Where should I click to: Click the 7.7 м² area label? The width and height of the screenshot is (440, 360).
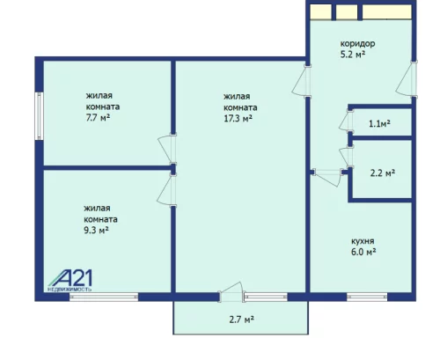(x=98, y=118)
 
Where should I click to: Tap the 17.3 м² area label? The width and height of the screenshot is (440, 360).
(x=238, y=119)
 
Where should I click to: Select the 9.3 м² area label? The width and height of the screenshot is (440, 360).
(x=96, y=231)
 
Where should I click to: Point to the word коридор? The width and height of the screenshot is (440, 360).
(x=357, y=44)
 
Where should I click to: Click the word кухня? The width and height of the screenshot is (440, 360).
(x=363, y=241)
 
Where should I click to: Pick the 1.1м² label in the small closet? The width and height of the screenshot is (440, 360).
(x=379, y=124)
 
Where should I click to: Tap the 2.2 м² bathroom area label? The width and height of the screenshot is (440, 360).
(x=383, y=173)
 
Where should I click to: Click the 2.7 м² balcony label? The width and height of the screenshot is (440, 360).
(x=242, y=320)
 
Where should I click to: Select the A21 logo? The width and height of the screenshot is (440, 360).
(x=70, y=280)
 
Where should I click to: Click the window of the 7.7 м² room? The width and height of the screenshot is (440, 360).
(x=39, y=116)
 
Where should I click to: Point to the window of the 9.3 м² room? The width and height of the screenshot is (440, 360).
(x=104, y=297)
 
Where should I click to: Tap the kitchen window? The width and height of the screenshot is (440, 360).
(x=367, y=297)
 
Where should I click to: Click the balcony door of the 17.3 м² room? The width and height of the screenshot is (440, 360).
(x=231, y=292)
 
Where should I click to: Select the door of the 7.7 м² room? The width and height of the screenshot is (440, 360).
(x=167, y=150)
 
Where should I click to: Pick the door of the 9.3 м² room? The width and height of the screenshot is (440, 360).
(x=167, y=190)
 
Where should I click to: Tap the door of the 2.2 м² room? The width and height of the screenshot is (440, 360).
(x=347, y=157)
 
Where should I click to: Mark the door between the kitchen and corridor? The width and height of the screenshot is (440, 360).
(x=328, y=177)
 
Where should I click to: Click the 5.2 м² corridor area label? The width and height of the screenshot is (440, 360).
(x=353, y=55)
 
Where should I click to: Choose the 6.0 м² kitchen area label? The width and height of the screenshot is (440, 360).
(x=363, y=253)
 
